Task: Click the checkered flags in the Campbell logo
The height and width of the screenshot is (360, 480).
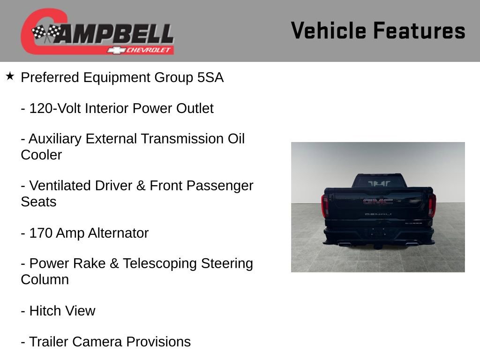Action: pyautogui.click(x=46, y=33)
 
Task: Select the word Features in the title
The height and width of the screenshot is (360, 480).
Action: pyautogui.click(x=419, y=30)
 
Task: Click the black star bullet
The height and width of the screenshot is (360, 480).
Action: pyautogui.click(x=10, y=76)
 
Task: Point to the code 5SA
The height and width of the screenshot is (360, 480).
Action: pyautogui.click(x=210, y=78)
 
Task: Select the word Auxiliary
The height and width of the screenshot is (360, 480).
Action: pyautogui.click(x=60, y=139)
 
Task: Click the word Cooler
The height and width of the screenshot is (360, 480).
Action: pyautogui.click(x=41, y=155)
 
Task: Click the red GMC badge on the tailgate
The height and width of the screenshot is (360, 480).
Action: pyautogui.click(x=378, y=202)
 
